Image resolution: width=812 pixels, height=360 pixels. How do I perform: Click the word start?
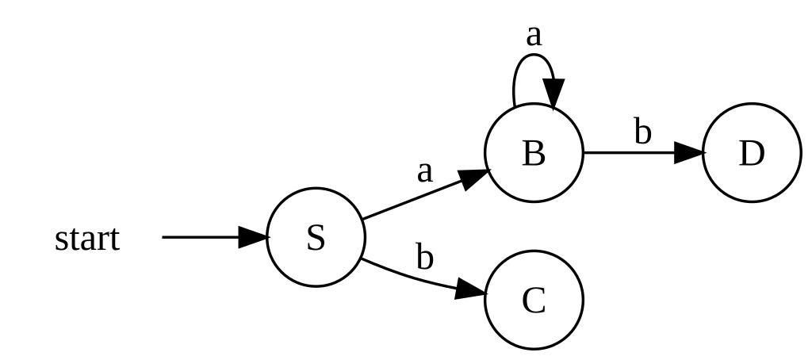click(87, 238)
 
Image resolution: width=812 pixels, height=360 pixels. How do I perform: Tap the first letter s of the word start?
click(61, 239)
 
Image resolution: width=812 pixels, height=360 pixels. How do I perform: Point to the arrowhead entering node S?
click(254, 237)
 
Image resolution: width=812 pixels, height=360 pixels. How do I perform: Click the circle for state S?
click(316, 237)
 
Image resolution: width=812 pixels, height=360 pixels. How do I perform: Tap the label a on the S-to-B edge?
click(426, 170)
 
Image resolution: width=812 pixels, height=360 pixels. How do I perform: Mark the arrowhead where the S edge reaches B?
click(475, 177)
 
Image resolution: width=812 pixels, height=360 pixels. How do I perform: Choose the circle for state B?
click(534, 152)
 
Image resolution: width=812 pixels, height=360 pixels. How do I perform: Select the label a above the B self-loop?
click(534, 35)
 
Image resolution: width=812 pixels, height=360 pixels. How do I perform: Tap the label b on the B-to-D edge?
click(642, 132)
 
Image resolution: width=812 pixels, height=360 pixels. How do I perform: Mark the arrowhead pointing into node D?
click(689, 152)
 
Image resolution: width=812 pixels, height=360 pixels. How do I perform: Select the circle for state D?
click(751, 152)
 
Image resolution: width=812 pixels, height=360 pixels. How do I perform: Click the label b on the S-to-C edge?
click(425, 258)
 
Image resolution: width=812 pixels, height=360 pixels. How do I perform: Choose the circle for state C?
click(534, 300)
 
